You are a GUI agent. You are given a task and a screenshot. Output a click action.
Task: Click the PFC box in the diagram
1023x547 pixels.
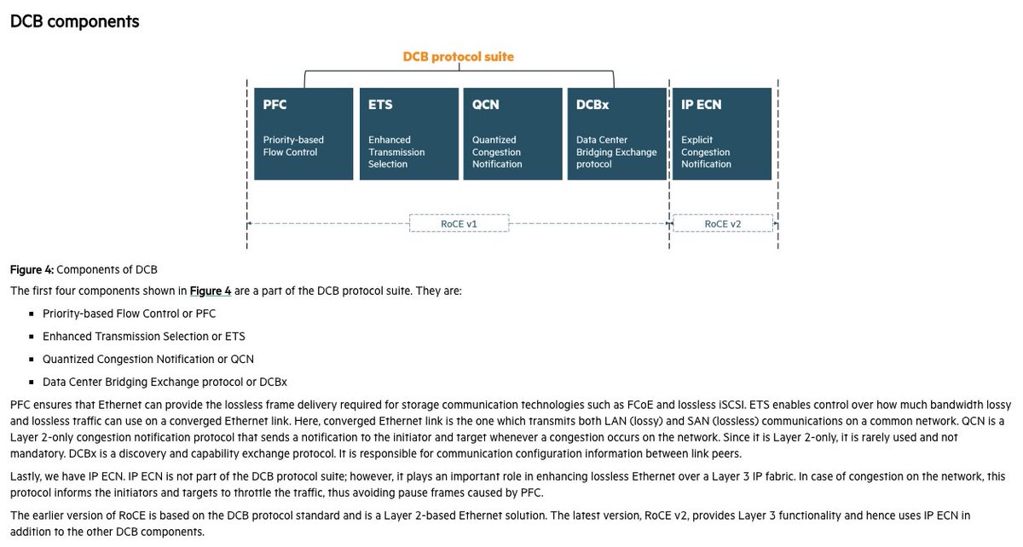tap(303, 134)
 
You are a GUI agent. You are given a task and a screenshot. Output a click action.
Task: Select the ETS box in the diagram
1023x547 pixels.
tap(407, 134)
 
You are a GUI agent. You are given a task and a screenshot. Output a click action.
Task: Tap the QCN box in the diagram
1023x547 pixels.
tap(512, 134)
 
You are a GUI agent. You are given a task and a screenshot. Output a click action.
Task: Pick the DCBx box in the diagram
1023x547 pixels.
tap(616, 134)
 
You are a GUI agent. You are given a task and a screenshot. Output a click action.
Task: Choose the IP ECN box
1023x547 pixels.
tap(721, 134)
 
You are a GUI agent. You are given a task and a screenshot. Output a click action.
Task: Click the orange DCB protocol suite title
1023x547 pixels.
tap(458, 57)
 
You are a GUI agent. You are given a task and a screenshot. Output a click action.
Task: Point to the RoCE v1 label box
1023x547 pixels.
tap(459, 224)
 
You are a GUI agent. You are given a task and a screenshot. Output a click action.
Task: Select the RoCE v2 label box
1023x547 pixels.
tap(723, 224)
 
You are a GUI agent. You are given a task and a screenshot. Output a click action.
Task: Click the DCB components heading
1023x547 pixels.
tap(75, 21)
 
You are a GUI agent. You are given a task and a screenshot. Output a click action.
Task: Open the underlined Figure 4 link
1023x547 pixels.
tap(211, 291)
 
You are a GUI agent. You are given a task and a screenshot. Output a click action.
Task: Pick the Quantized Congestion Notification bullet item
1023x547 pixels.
tap(148, 359)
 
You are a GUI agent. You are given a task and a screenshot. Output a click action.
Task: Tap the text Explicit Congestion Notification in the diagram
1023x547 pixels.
tap(706, 152)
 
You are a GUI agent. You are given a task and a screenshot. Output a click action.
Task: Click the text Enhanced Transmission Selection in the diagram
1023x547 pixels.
tap(396, 152)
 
